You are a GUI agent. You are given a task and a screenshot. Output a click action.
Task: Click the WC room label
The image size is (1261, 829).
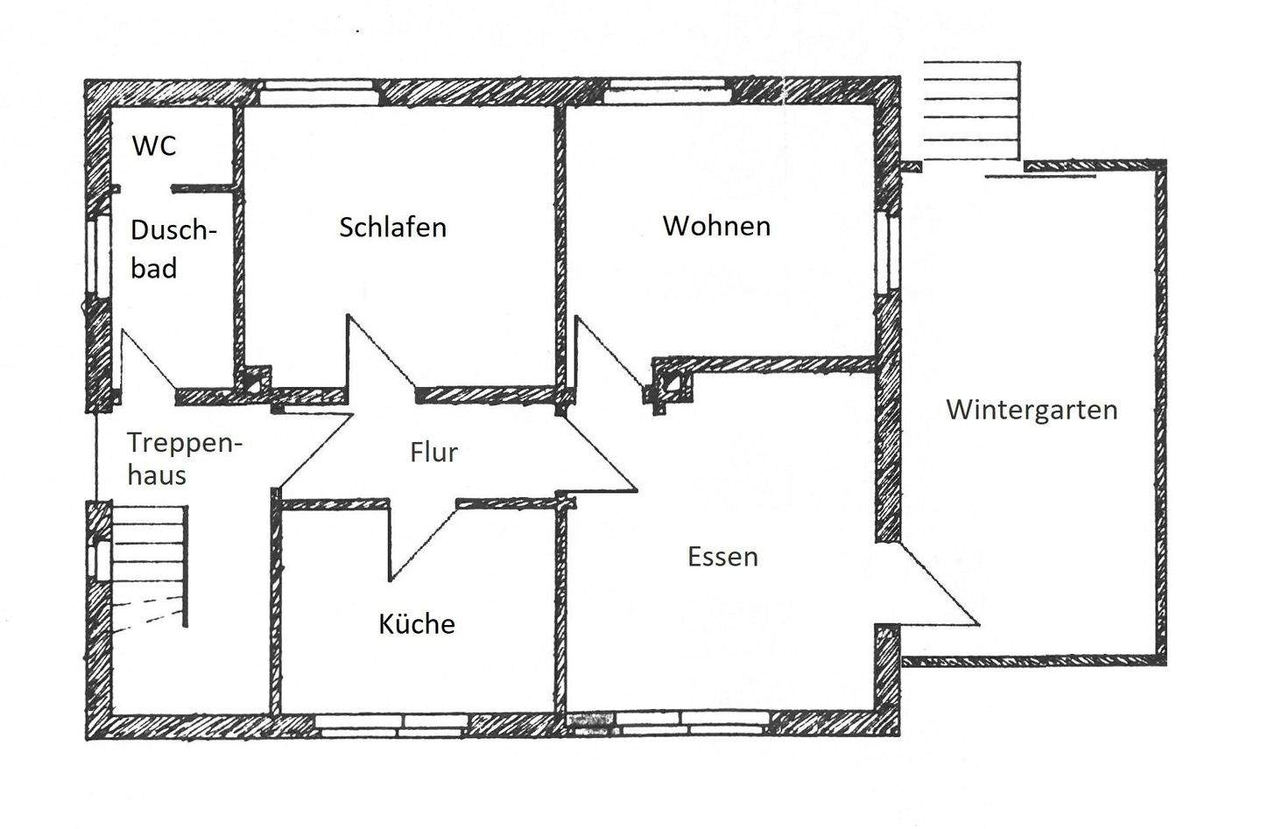point(154,145)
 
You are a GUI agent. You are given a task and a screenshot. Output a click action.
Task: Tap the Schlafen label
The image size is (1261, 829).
point(392,228)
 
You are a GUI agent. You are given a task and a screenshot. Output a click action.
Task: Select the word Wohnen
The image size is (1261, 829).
point(716,226)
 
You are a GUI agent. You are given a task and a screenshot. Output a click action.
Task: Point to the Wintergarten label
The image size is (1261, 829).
point(1032,410)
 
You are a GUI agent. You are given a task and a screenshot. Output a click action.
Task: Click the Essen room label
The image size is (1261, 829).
point(722,557)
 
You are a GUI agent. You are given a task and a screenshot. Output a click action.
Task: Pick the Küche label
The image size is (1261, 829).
point(417,624)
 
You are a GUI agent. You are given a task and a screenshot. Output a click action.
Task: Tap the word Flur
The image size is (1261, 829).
point(433,453)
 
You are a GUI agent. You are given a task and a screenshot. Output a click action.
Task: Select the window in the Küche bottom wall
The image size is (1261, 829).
point(391,724)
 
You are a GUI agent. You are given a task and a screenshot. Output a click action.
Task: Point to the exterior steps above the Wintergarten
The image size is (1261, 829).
point(972,111)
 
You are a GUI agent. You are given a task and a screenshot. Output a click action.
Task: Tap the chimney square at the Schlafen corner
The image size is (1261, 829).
point(255,381)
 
